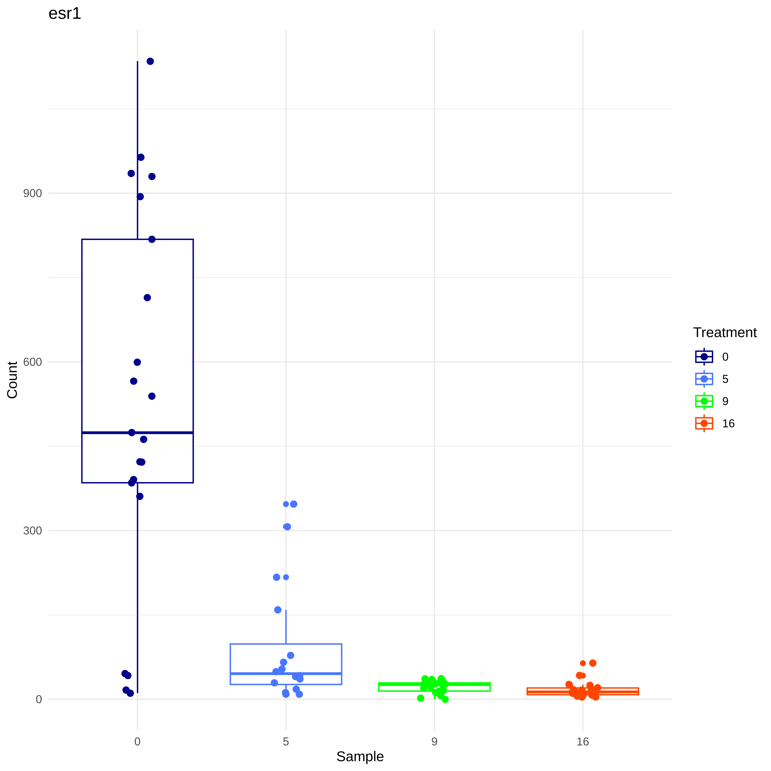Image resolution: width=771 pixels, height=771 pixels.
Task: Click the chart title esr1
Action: click(x=65, y=14)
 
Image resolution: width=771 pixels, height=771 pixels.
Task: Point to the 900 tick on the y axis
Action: click(x=32, y=194)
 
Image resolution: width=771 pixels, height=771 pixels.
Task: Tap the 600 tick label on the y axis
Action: click(x=32, y=362)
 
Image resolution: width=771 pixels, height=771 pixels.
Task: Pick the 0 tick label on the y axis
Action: click(x=39, y=699)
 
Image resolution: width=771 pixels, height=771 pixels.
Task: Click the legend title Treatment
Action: click(x=725, y=332)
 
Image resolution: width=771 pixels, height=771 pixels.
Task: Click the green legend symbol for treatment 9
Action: click(x=704, y=401)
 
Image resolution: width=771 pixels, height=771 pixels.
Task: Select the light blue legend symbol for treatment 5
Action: click(x=704, y=379)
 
